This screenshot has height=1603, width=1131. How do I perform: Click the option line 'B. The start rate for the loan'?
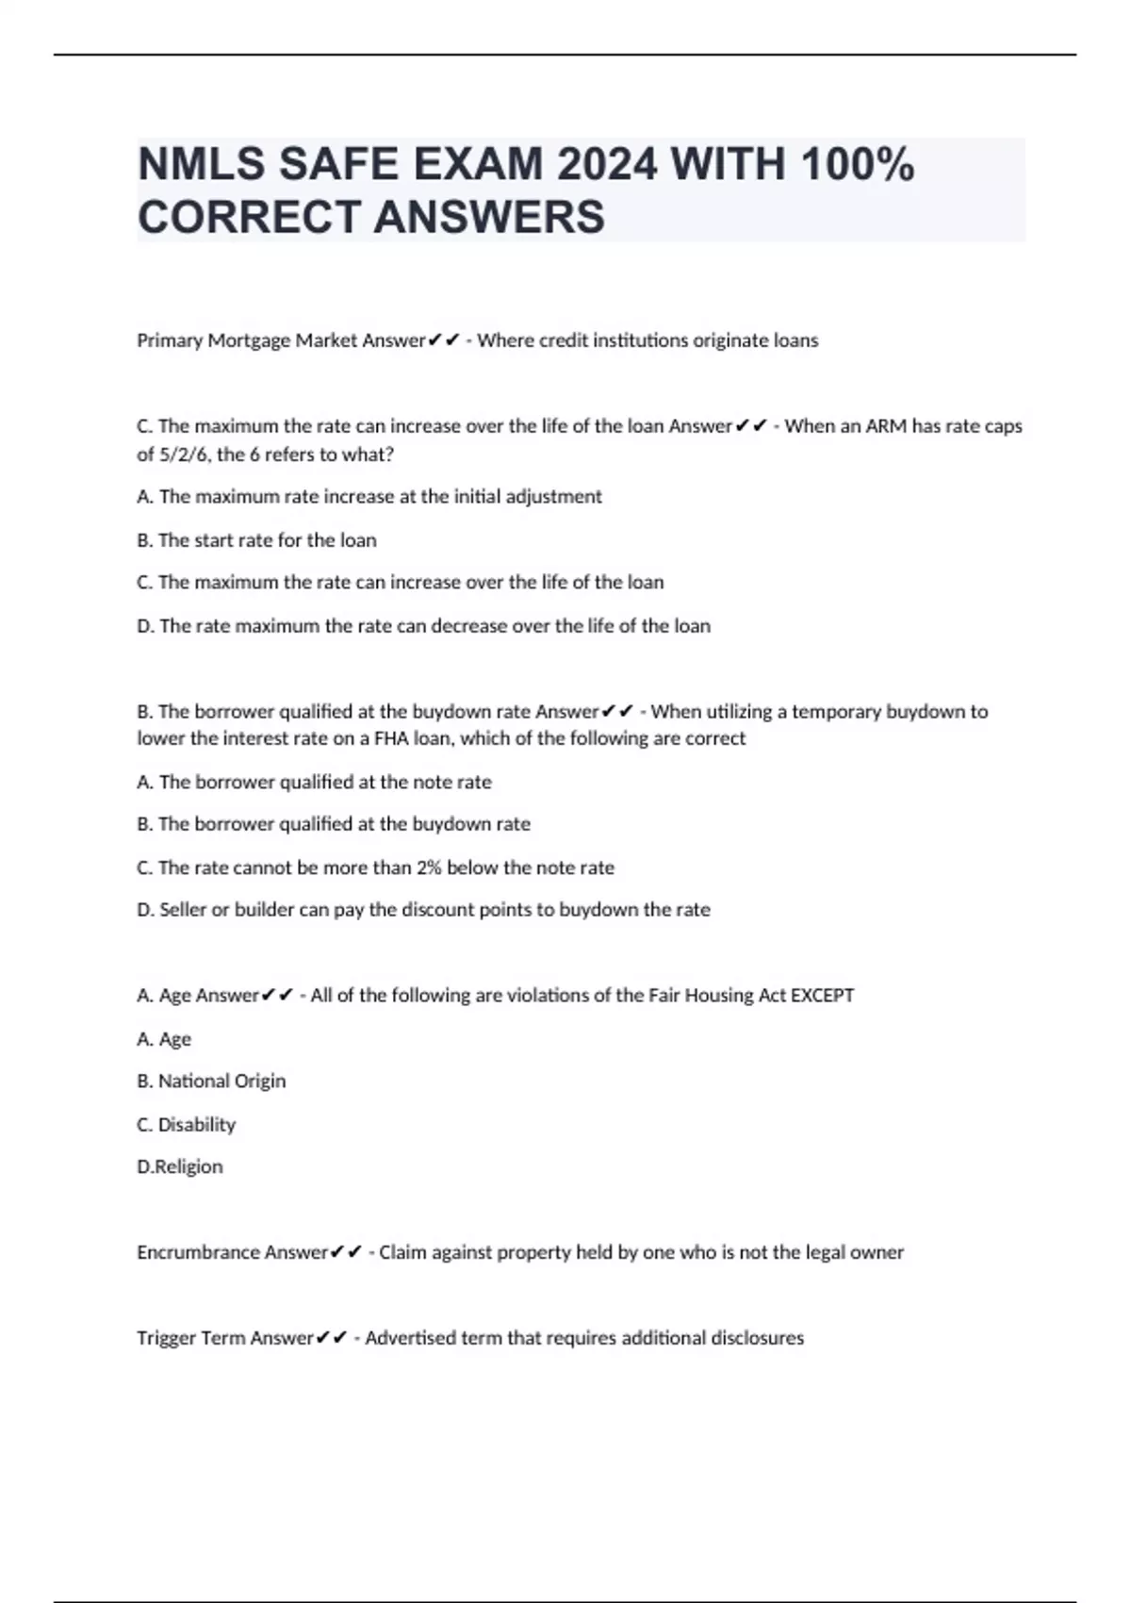click(x=256, y=540)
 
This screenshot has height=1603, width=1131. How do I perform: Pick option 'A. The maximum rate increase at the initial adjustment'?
click(x=369, y=497)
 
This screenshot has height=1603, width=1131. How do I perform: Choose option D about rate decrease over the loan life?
click(x=423, y=626)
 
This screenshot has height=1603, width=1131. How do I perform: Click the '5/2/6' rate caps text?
click(x=185, y=454)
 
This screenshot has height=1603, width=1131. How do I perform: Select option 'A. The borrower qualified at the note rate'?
click(x=314, y=782)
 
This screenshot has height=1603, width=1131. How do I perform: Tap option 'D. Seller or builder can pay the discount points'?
click(x=423, y=910)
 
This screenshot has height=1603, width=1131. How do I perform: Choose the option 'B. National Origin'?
click(x=211, y=1081)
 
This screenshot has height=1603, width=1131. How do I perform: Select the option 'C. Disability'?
click(x=186, y=1124)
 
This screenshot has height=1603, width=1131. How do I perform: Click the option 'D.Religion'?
click(x=180, y=1166)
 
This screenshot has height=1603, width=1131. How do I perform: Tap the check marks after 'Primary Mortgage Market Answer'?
click(x=443, y=340)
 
